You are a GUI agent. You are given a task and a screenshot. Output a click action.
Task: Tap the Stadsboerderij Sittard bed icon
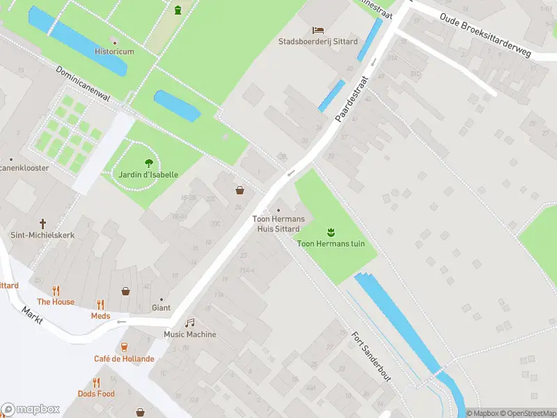point(318,30)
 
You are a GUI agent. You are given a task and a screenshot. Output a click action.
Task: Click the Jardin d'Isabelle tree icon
point(148,163)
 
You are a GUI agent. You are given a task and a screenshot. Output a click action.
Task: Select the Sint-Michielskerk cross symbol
point(42,224)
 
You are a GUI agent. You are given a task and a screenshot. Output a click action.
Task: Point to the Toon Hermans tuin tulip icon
point(331,231)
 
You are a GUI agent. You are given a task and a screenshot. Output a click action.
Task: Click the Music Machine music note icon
point(189,323)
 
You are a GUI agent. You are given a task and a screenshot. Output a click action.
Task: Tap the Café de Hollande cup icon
point(125,347)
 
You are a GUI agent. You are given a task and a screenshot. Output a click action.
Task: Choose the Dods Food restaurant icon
point(97,382)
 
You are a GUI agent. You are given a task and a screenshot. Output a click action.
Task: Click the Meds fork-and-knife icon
point(100,304)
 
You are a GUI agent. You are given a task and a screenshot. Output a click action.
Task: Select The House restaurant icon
point(56,291)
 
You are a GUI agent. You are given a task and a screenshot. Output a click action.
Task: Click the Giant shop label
point(161,307)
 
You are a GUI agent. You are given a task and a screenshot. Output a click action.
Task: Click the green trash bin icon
point(178,10)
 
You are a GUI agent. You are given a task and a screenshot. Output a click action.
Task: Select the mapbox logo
point(31,410)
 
